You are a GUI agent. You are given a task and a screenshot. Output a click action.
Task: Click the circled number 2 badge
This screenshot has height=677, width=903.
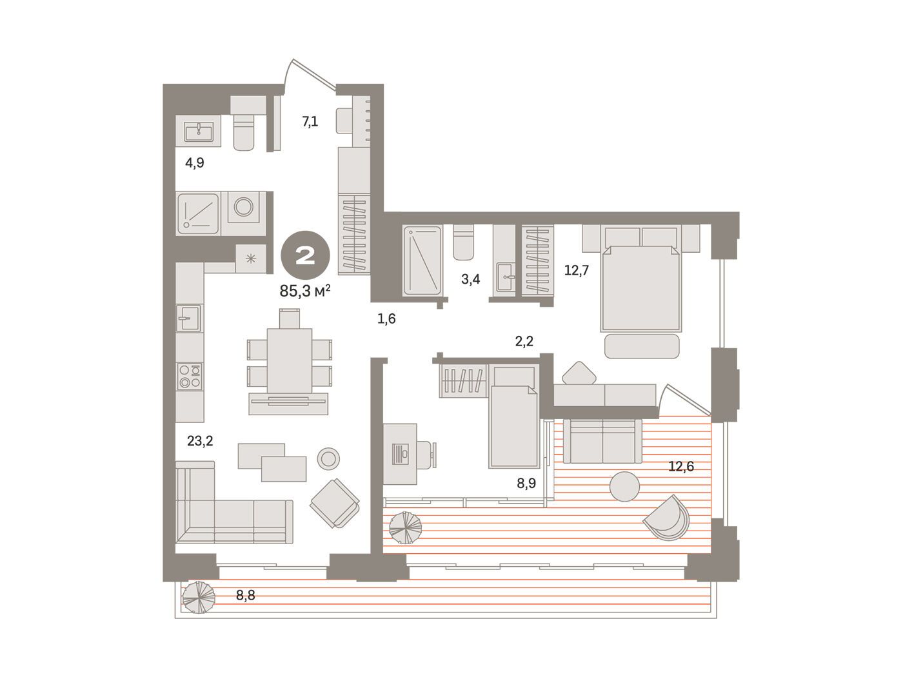click(x=305, y=257)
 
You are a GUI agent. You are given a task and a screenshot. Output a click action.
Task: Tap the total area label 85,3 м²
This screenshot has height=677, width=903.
click(x=305, y=291)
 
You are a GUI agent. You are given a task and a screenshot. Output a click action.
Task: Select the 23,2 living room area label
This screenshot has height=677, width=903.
click(x=200, y=441)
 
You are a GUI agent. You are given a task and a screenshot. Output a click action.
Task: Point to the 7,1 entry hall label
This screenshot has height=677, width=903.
click(x=310, y=122)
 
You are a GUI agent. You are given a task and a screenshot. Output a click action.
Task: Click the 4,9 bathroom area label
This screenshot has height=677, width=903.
click(x=195, y=162)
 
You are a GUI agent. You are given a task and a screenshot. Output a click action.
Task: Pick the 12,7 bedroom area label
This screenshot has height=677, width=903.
click(x=577, y=270)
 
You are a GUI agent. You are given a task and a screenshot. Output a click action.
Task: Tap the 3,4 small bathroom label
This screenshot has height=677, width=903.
click(x=470, y=280)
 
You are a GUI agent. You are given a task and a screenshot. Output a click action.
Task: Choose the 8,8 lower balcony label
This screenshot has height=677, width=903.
click(x=245, y=594)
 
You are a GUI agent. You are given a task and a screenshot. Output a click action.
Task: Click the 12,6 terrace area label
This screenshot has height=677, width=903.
click(x=681, y=466)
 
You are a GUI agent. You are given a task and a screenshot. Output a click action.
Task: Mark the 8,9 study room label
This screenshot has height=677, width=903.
click(x=526, y=483)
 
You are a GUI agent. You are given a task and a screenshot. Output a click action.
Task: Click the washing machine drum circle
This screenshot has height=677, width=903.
click(x=244, y=207)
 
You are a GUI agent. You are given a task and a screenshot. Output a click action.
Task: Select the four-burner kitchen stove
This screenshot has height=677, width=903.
click(x=190, y=376)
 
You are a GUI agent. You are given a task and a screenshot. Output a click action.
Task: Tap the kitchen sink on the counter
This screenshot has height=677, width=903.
click(x=189, y=318)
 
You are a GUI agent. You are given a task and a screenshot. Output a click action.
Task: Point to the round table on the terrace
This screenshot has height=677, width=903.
click(x=624, y=486)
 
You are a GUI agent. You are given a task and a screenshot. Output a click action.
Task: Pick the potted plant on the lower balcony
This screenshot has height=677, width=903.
click(x=199, y=597)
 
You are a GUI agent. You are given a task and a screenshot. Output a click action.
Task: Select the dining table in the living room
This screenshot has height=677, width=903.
click(x=289, y=360)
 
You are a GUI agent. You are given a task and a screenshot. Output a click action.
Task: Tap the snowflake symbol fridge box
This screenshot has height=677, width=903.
click(x=250, y=258)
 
